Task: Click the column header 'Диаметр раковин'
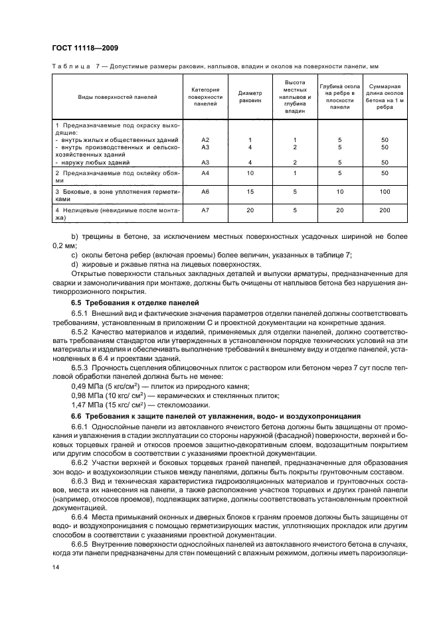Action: click(250, 97)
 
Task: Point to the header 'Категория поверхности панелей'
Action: click(205, 97)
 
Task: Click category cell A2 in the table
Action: click(205, 140)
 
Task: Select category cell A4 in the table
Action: click(205, 173)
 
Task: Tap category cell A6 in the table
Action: click(205, 191)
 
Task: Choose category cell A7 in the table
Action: click(205, 210)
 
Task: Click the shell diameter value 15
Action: click(250, 191)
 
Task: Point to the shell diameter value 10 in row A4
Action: click(250, 173)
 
